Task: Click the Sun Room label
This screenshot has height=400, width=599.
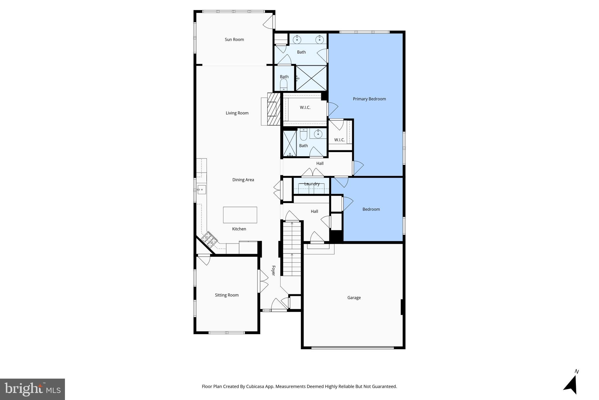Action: click(234, 40)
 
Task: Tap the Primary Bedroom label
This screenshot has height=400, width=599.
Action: click(369, 99)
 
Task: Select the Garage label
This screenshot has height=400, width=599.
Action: click(354, 298)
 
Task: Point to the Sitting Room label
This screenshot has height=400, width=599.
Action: click(227, 295)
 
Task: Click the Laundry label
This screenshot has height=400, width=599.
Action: click(312, 184)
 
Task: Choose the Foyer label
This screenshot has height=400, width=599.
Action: click(273, 270)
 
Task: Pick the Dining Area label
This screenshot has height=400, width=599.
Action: click(243, 180)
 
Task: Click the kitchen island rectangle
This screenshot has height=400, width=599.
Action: click(240, 215)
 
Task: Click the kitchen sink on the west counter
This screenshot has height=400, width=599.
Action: click(202, 190)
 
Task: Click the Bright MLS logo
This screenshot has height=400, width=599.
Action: click(32, 389)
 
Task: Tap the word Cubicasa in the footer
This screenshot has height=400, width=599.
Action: click(255, 387)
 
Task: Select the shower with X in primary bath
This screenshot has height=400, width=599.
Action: click(311, 78)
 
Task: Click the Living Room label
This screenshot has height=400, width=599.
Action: click(237, 113)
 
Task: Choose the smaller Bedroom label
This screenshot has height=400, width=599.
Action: click(371, 209)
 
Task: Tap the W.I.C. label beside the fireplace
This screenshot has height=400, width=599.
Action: click(305, 108)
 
